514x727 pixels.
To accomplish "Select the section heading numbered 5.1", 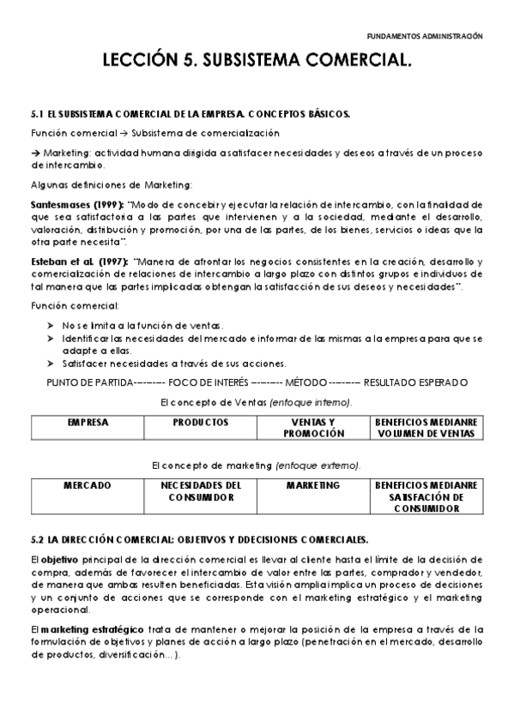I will pyautogui.click(x=190, y=113).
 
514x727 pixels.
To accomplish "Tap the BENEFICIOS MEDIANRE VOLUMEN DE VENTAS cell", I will pyautogui.click(x=425, y=428).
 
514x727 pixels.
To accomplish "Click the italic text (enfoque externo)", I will pyautogui.click(x=317, y=465).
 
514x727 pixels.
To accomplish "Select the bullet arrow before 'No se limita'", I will pyautogui.click(x=51, y=327).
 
